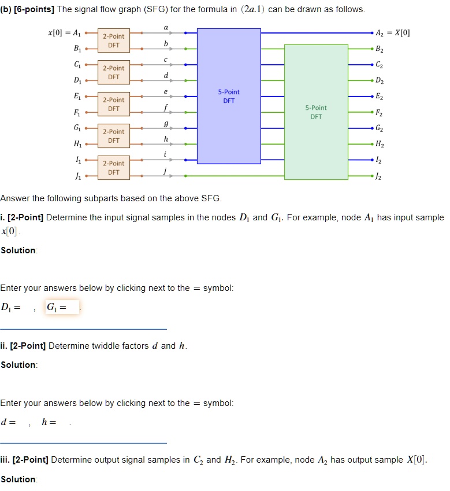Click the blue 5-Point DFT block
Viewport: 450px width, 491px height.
229,96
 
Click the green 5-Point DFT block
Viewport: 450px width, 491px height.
316,112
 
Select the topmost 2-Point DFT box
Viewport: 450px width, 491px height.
114,40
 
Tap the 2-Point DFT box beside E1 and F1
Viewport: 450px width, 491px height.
114,104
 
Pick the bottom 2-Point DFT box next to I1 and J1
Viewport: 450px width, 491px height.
114,168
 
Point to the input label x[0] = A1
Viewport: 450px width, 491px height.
65,33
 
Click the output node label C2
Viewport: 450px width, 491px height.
379,65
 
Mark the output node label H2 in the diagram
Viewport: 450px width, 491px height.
379,144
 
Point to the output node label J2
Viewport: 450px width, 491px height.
379,176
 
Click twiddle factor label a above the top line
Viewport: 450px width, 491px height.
166,27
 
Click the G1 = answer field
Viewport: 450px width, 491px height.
73,307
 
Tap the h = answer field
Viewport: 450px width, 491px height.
62,422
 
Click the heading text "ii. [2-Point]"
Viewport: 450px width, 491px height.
23,346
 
